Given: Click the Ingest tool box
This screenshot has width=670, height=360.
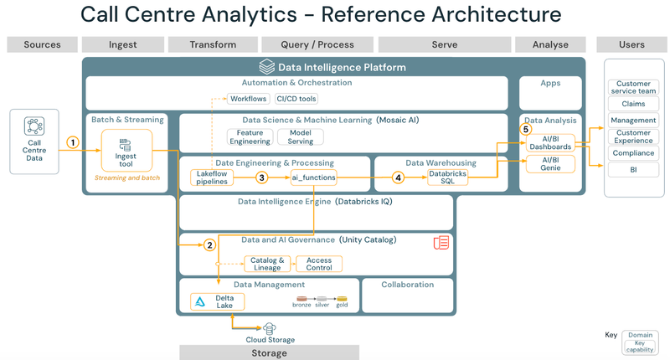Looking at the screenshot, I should click(126, 150).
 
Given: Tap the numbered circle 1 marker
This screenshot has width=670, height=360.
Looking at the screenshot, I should click(73, 142).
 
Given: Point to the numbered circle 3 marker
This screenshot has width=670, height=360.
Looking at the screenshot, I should click(261, 177).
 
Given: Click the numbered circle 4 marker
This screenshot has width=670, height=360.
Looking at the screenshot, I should click(398, 177).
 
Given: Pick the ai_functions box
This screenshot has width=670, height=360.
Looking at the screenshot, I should click(313, 177).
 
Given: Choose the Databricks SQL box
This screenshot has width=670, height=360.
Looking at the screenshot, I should click(447, 177).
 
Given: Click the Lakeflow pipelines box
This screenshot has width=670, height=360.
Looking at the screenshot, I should click(212, 177).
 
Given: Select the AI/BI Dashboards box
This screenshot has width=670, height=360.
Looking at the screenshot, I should click(550, 142).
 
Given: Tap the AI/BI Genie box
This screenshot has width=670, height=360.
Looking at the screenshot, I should click(550, 163).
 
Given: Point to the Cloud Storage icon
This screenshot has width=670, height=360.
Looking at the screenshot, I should click(270, 329).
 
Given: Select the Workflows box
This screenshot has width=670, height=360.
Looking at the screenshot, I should click(249, 99).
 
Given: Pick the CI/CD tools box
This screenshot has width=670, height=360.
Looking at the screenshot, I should click(296, 99).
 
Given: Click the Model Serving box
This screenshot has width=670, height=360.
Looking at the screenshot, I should click(300, 137).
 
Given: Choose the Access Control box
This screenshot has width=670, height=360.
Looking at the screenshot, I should click(319, 264).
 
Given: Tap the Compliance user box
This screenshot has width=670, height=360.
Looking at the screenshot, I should click(633, 153).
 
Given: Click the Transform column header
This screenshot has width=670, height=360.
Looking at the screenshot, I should click(213, 44).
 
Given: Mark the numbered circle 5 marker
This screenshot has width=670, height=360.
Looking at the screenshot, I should click(526, 129).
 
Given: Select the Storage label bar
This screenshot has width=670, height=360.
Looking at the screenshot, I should click(269, 353).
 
